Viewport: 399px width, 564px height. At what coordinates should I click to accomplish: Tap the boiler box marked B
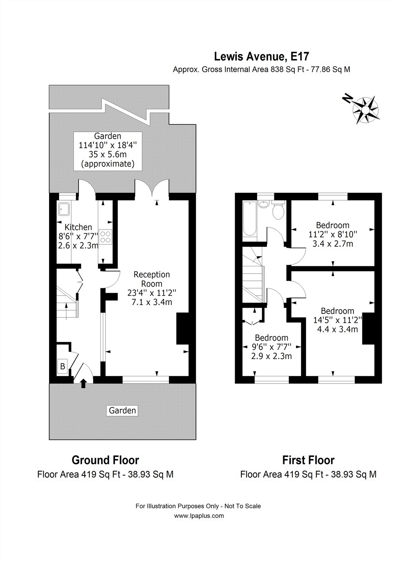63,366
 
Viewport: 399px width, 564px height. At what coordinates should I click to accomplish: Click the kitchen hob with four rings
106,237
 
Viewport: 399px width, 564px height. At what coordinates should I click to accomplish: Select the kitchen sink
64,209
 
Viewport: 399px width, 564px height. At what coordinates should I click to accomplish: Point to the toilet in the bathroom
278,211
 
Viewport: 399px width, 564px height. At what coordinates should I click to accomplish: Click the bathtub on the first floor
250,218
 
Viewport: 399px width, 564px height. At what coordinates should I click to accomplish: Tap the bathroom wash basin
263,204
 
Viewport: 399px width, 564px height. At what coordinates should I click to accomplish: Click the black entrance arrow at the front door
83,383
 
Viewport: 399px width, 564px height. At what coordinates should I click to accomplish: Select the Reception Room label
152,279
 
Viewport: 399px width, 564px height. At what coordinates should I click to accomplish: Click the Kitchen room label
78,227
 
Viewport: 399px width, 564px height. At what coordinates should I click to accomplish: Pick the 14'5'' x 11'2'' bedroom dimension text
338,320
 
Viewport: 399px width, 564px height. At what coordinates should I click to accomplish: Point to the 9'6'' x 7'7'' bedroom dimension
271,347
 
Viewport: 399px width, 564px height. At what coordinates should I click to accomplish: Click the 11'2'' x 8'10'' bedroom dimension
333,234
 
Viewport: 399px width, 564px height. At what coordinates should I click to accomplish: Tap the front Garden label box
122,410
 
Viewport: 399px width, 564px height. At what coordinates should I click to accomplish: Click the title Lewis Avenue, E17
261,56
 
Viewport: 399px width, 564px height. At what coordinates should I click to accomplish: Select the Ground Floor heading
105,460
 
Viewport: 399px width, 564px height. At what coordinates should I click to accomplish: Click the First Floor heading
308,460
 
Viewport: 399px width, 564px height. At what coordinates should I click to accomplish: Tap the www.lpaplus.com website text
199,516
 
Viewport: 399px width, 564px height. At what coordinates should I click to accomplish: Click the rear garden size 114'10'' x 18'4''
108,145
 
